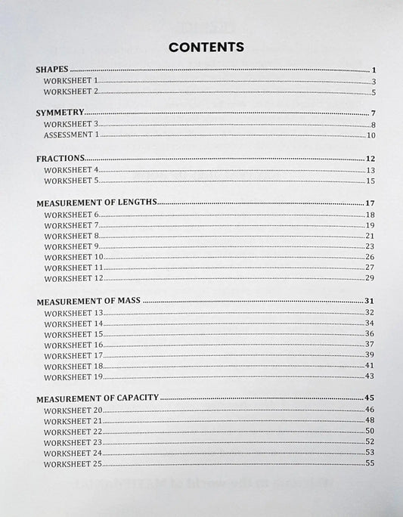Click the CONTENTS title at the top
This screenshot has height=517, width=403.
click(206, 47)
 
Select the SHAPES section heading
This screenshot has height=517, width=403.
click(53, 70)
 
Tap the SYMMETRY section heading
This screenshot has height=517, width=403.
click(60, 113)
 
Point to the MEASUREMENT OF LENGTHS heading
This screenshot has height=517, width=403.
click(96, 203)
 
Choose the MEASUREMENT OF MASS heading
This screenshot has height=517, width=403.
click(89, 301)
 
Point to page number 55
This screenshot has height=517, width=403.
click(370, 463)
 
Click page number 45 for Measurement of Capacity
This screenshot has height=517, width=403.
click(370, 398)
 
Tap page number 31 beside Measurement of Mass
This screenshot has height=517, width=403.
click(370, 301)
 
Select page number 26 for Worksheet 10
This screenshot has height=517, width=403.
click(370, 257)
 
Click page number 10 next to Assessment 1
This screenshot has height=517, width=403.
click(370, 135)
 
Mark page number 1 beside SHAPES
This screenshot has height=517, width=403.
click(374, 70)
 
